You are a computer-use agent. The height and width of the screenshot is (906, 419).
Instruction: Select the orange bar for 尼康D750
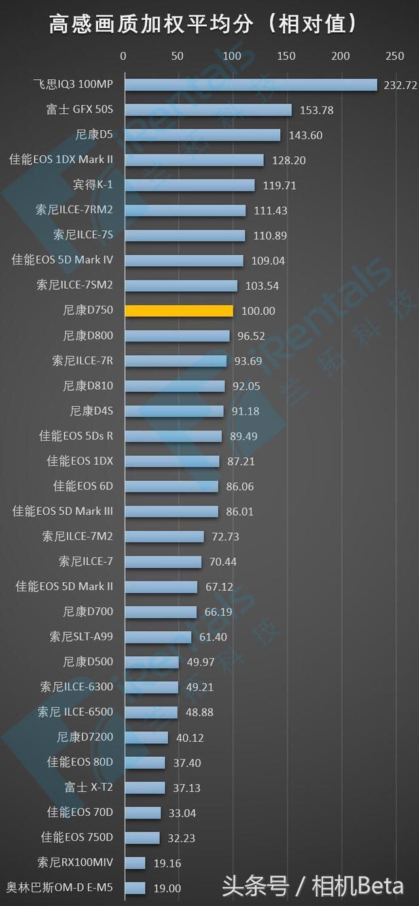[179, 311]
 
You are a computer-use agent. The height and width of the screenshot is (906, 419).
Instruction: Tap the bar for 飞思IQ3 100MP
[251, 85]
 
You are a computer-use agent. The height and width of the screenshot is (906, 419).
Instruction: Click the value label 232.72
[401, 85]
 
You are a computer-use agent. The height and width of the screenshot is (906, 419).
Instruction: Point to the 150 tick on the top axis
[286, 56]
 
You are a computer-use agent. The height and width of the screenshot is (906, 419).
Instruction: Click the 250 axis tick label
[395, 56]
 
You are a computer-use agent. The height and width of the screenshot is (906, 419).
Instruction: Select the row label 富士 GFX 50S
[79, 110]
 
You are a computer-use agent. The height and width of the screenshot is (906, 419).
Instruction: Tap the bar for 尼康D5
[202, 135]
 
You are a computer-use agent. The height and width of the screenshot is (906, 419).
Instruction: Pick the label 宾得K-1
[93, 185]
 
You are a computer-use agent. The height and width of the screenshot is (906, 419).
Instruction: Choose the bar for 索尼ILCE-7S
[185, 235]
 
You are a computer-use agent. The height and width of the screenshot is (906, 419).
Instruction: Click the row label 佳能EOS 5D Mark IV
[62, 260]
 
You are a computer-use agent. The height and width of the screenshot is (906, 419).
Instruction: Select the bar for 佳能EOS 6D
[172, 487]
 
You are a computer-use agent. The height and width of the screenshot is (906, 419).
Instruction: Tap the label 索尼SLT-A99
[81, 636]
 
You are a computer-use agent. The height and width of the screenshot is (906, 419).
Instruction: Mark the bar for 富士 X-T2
[145, 788]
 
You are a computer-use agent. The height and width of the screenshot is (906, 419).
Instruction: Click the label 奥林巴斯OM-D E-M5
[60, 888]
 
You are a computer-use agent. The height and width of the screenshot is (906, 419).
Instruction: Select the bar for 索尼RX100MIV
[135, 863]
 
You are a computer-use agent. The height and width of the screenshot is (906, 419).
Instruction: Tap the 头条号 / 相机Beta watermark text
[312, 887]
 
